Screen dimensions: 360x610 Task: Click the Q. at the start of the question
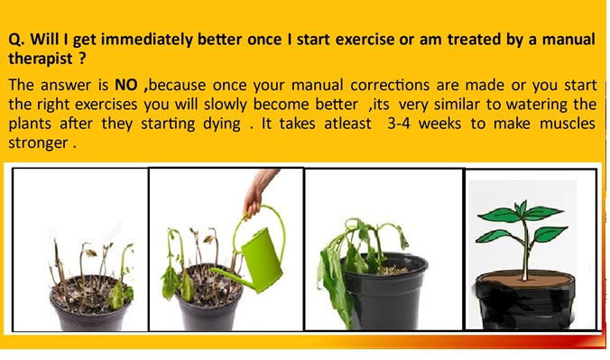[x=15, y=41]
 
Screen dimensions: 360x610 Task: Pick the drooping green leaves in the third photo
[x=347, y=248]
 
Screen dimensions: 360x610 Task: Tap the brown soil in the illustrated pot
[x=528, y=275]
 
